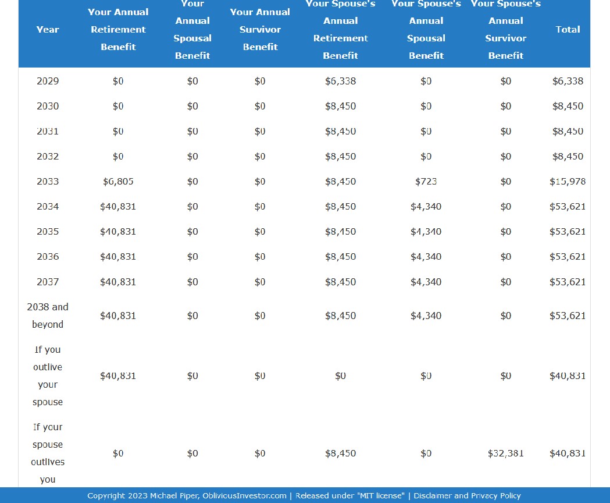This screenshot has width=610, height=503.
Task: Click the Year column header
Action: tap(48, 30)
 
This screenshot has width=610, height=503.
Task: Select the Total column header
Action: tap(568, 30)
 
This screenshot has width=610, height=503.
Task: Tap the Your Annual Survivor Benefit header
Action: tap(260, 30)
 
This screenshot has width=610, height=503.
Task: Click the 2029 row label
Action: tap(48, 81)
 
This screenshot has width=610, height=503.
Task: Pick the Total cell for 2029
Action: tap(568, 81)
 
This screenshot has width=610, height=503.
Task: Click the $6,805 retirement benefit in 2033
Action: tap(118, 182)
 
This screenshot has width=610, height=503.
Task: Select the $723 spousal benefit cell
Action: tap(426, 182)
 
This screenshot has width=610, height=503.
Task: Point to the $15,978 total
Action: tap(568, 182)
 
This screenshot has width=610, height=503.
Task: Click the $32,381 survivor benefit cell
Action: tap(505, 454)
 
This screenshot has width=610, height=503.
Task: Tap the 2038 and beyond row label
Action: tap(48, 316)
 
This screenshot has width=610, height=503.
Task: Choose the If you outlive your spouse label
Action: tap(48, 376)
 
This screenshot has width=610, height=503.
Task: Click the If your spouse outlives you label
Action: tap(48, 453)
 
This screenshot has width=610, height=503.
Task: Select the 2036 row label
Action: tap(48, 257)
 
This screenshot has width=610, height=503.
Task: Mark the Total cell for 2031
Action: tap(568, 132)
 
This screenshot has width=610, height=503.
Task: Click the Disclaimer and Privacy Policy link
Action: tap(467, 496)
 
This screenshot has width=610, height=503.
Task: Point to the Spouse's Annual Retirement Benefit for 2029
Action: tap(340, 81)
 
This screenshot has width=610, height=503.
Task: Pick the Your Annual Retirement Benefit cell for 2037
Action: tap(118, 282)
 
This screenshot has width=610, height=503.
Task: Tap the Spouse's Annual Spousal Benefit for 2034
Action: tap(426, 207)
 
